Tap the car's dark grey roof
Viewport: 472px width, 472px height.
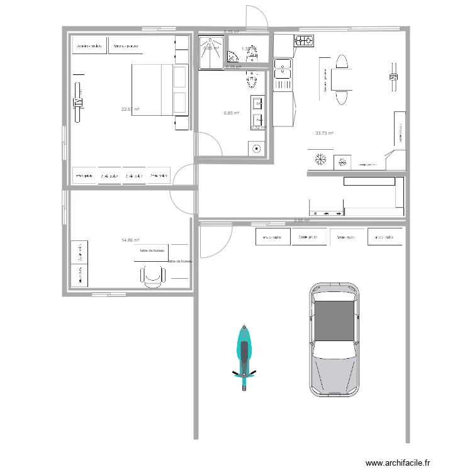tap(334, 322)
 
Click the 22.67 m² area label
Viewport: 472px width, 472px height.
tap(130, 110)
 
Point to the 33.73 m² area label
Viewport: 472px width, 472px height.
tap(324, 133)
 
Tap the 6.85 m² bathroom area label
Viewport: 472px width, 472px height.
tap(232, 113)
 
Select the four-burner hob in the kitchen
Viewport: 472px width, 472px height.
tap(305, 42)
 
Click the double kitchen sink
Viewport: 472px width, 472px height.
tap(283, 74)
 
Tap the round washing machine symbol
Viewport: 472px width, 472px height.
tap(257, 149)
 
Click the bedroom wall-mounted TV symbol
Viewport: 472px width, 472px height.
tap(78, 102)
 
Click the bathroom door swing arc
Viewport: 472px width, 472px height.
tap(210, 142)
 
